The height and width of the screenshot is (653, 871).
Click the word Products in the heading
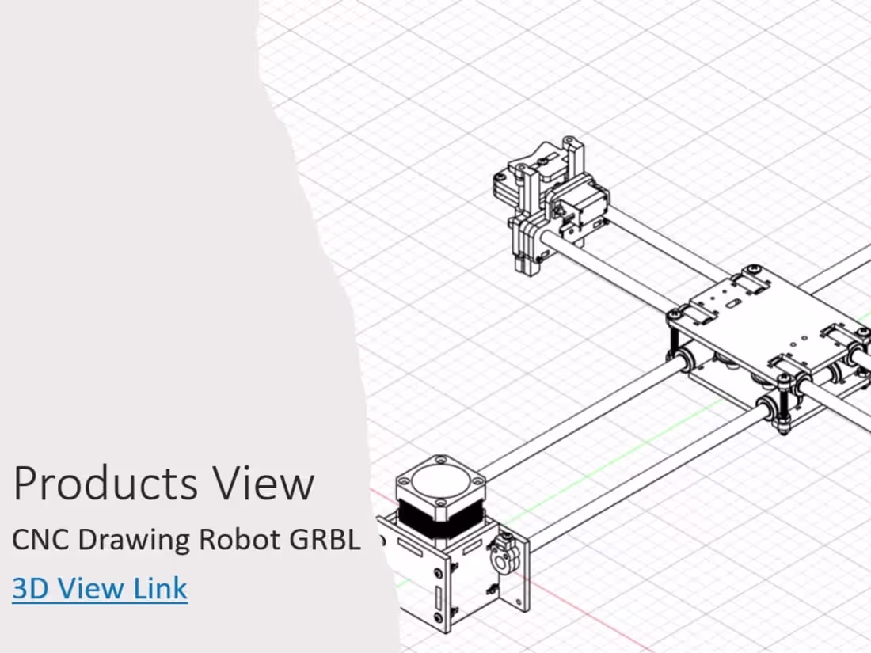pyautogui.click(x=106, y=484)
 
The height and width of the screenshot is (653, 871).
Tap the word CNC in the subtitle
pyautogui.click(x=41, y=540)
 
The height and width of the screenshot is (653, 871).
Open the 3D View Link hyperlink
pyautogui.click(x=100, y=588)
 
